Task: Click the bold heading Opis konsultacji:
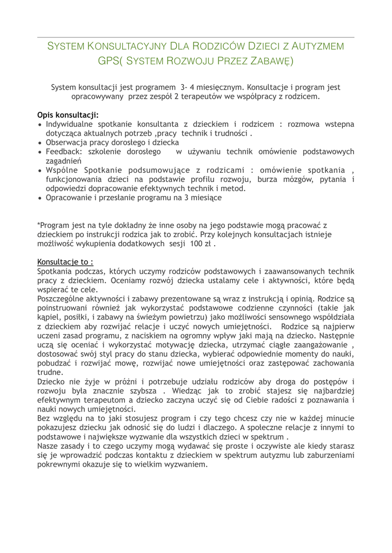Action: tap(68, 115)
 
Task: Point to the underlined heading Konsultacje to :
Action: tap(65, 261)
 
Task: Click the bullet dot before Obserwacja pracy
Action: tap(40, 142)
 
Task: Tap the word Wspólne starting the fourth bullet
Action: tap(64, 170)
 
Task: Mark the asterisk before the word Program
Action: tap(38, 225)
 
